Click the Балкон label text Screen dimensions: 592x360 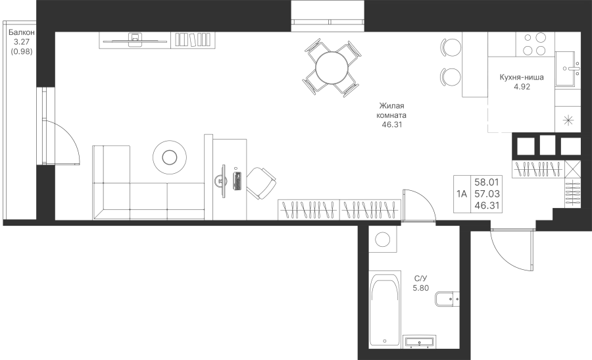tap(22, 32)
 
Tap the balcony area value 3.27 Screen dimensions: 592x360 tap(22, 42)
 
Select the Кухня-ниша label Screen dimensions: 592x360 tap(522, 78)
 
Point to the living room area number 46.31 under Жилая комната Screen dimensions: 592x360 tap(392, 124)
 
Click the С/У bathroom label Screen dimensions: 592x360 tap(420, 279)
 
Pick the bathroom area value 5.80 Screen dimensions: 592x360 tap(420, 288)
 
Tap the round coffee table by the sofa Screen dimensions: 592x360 tap(170, 157)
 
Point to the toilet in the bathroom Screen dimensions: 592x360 tap(447, 299)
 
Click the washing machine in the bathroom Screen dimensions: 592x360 tap(382, 239)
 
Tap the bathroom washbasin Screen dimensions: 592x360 tap(420, 341)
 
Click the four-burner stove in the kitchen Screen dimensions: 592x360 tap(535, 44)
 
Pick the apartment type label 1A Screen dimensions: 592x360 tap(462, 194)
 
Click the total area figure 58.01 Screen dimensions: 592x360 tap(487, 182)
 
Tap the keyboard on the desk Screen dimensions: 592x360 tap(237, 181)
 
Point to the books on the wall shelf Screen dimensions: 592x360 tap(193, 39)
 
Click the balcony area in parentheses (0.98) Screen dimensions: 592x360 tap(22, 51)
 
